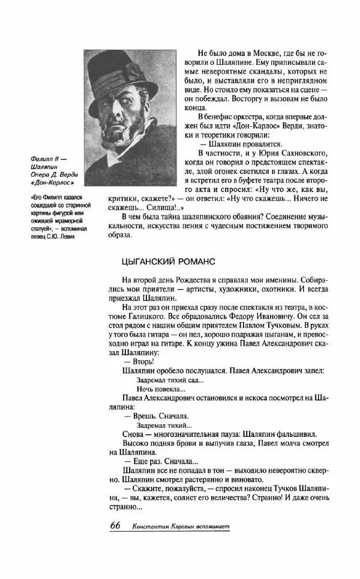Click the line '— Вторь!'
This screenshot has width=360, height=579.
pos(139,361)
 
